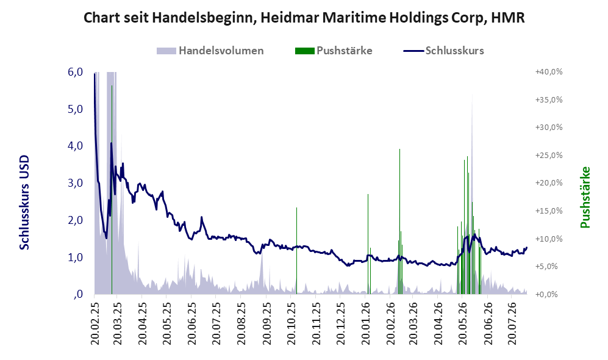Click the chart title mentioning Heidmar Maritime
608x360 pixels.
click(x=304, y=18)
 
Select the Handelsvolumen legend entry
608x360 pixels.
click(x=210, y=51)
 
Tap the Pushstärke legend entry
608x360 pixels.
click(x=334, y=51)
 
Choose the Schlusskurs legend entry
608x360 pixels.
click(x=443, y=51)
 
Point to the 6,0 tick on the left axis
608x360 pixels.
click(x=75, y=72)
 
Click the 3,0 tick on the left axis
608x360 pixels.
click(x=75, y=183)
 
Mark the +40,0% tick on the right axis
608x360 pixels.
click(x=549, y=72)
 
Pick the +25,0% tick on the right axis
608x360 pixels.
click(x=549, y=156)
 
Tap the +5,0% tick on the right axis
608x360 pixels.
click(x=549, y=267)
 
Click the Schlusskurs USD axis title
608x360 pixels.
click(x=24, y=203)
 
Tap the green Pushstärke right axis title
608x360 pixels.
click(x=585, y=198)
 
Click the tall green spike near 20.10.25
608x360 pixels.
click(x=296, y=251)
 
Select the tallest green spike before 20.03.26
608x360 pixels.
click(x=400, y=221)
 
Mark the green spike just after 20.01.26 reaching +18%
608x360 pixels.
click(x=368, y=244)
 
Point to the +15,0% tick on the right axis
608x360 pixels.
click(x=549, y=211)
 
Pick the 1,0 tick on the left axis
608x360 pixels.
click(x=75, y=257)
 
